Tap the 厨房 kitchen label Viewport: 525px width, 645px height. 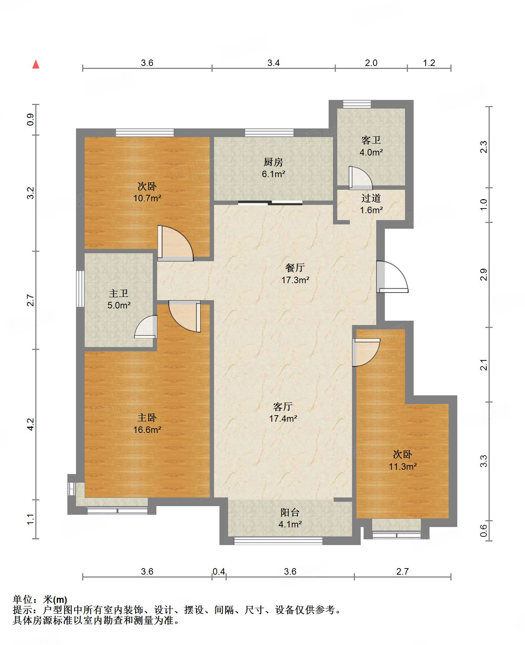[x=273, y=162]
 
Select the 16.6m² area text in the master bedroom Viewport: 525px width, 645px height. [x=147, y=430]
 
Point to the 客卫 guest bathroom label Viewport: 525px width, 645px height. [x=371, y=140]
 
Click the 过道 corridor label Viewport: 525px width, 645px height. [x=371, y=198]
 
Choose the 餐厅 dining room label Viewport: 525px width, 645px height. [x=295, y=268]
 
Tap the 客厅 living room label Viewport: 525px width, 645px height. [x=283, y=407]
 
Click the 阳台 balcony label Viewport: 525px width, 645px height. [x=290, y=512]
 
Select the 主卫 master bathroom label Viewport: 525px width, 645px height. [x=119, y=293]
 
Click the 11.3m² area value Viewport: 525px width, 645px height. [x=402, y=466]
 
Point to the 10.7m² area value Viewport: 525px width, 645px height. [x=147, y=198]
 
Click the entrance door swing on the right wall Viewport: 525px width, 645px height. [x=392, y=276]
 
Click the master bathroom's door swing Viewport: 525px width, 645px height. [x=146, y=327]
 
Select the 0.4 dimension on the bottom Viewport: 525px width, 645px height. [x=219, y=571]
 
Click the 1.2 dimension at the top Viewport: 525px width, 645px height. [x=429, y=63]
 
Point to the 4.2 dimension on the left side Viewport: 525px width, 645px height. [x=31, y=424]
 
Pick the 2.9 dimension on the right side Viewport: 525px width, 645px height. [x=484, y=275]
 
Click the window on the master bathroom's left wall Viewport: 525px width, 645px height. [x=80, y=289]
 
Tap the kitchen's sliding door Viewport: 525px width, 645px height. [x=270, y=203]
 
